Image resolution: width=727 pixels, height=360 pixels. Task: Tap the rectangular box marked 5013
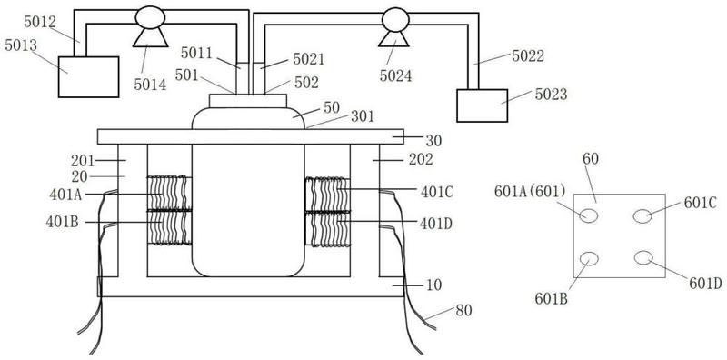point(88,77)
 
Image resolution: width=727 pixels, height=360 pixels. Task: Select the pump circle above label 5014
point(150,17)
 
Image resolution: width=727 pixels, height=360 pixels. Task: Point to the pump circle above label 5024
point(395,19)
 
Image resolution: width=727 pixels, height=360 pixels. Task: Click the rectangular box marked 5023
point(483,105)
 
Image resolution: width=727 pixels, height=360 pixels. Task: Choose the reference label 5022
point(528,56)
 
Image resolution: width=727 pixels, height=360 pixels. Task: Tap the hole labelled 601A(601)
point(589,215)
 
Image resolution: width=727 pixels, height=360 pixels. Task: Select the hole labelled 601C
point(642,216)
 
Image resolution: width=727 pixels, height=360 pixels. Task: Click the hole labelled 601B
point(589,258)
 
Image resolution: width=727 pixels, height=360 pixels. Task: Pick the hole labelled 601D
point(643,257)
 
